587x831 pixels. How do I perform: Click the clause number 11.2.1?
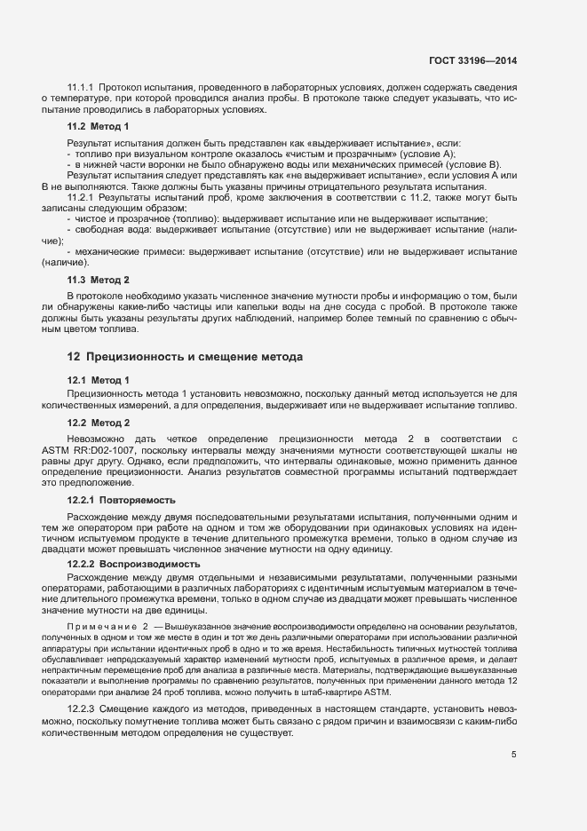pos(82,198)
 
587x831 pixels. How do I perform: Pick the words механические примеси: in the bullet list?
pos(125,252)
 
